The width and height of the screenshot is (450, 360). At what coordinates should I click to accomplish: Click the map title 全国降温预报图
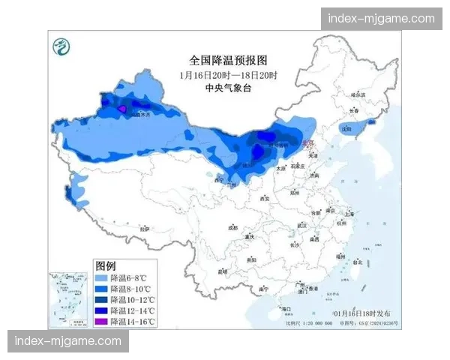pos(228,59)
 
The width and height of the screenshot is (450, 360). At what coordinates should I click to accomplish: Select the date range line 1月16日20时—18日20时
pos(228,75)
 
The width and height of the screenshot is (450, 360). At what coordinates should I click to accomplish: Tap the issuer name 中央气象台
pos(228,88)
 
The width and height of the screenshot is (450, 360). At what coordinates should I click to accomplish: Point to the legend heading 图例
pos(105,266)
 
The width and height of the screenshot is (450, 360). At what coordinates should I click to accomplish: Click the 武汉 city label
pos(301,224)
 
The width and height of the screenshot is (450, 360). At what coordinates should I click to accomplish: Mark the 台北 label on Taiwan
pos(356,262)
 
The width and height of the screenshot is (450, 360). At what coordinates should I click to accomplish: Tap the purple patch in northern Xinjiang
pos(122,109)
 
